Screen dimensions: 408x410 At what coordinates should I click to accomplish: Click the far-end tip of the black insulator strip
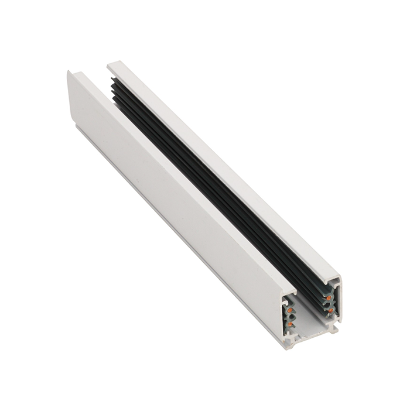pos(111,82)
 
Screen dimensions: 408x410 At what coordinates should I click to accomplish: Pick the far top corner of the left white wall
pos(69,72)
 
